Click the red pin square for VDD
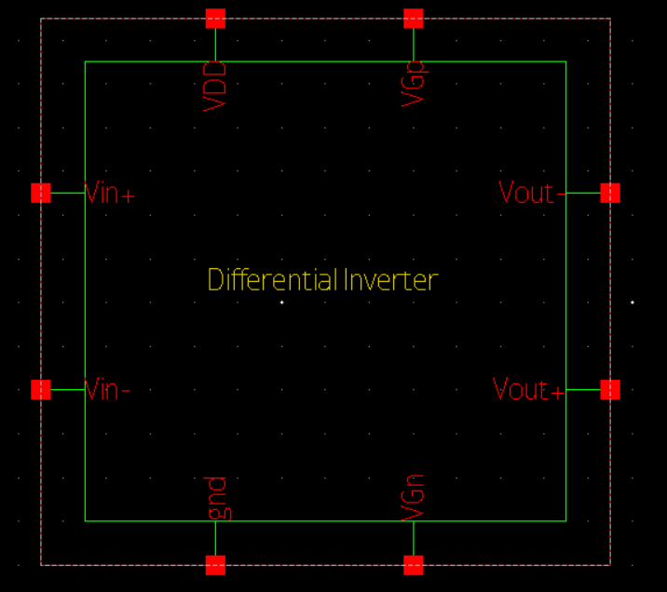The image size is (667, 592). point(215,18)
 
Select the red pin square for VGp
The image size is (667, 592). point(414,18)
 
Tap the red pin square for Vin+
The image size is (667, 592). point(41,193)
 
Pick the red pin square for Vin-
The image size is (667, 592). point(41,389)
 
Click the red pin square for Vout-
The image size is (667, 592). point(610,193)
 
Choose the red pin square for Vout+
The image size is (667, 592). point(610,389)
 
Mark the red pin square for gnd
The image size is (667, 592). point(215,565)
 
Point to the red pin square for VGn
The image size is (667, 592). point(414,565)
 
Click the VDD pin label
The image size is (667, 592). point(215,86)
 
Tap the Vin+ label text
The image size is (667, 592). point(110,194)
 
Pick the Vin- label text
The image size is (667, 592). point(107,389)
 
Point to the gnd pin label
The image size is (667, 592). point(216,498)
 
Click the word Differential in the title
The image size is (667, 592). point(273,279)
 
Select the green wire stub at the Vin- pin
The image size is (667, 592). point(67,389)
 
